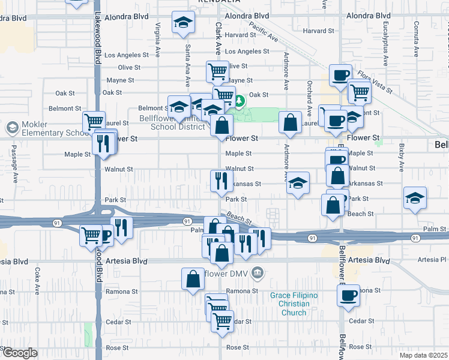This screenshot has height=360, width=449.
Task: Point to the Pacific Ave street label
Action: tap(264, 32)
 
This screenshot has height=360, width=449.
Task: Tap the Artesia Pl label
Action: tap(432, 260)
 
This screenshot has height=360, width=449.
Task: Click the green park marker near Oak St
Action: tap(238, 100)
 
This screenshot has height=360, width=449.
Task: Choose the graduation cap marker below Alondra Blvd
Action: tap(183, 23)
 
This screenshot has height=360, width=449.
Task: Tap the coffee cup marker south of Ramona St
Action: tap(348, 295)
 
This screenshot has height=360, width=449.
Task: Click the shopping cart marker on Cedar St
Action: tap(222, 320)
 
